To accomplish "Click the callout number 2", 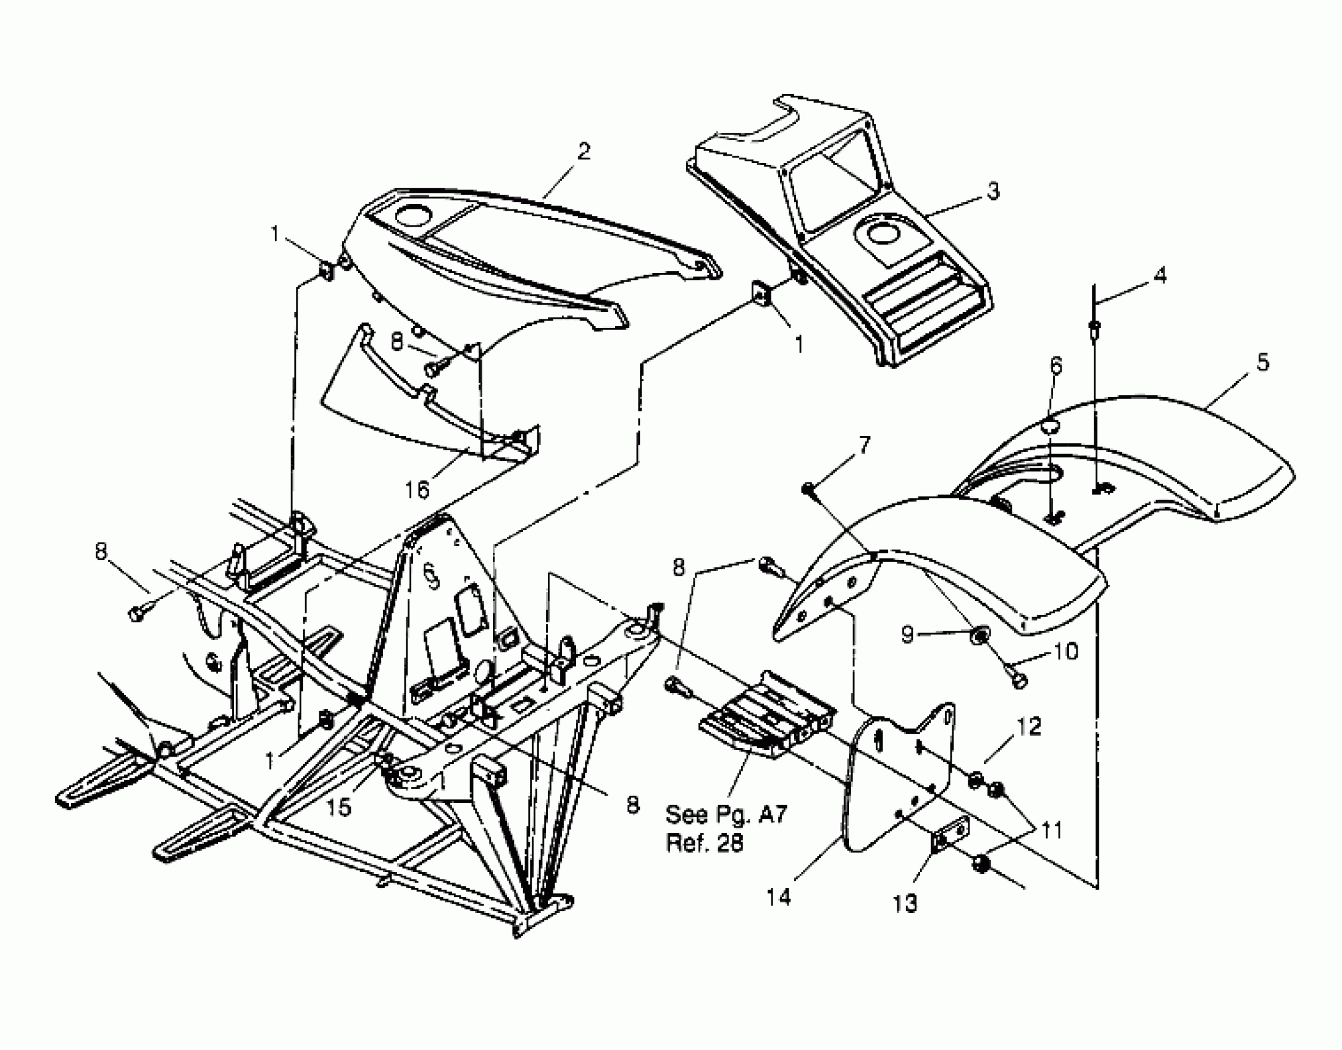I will tap(583, 151).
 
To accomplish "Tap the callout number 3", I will tap(992, 191).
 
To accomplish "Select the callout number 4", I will tap(1160, 275).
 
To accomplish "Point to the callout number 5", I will tap(1262, 362).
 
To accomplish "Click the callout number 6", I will tap(1056, 366).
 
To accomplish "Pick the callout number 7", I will tap(864, 444).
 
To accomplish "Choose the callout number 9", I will tap(907, 634).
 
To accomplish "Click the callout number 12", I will tap(1028, 727).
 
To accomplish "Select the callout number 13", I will tap(905, 904).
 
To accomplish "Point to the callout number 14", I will tap(778, 897).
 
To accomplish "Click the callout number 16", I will tap(417, 490).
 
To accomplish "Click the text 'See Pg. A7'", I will tap(726, 815).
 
